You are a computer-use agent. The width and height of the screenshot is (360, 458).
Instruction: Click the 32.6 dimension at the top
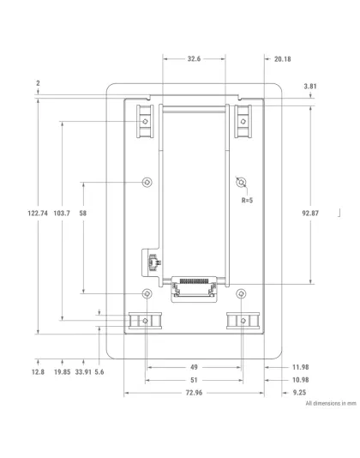pos(194,59)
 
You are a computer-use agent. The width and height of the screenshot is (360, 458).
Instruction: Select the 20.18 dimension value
pos(282,59)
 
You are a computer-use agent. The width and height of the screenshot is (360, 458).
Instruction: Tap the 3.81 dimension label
pos(310,87)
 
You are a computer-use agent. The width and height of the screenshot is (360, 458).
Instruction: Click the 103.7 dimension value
pos(62,213)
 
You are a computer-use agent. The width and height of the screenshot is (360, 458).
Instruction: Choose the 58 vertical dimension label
pos(82,213)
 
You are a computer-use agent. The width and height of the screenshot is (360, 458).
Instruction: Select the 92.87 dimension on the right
pos(310,213)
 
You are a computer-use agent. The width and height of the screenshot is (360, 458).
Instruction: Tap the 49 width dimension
pos(194,366)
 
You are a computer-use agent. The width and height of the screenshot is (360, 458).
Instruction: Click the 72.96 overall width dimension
pos(194,393)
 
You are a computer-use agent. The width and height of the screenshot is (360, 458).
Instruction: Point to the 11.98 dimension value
pos(300,366)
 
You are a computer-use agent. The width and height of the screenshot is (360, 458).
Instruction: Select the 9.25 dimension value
pos(300,393)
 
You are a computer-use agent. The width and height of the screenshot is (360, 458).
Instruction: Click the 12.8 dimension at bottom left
pos(38,372)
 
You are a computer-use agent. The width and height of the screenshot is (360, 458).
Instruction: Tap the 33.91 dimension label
pos(83,372)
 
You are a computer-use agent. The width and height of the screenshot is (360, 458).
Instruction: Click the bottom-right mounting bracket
pos(243,321)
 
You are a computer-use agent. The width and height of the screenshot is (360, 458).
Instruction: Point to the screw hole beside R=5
pos(242,183)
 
